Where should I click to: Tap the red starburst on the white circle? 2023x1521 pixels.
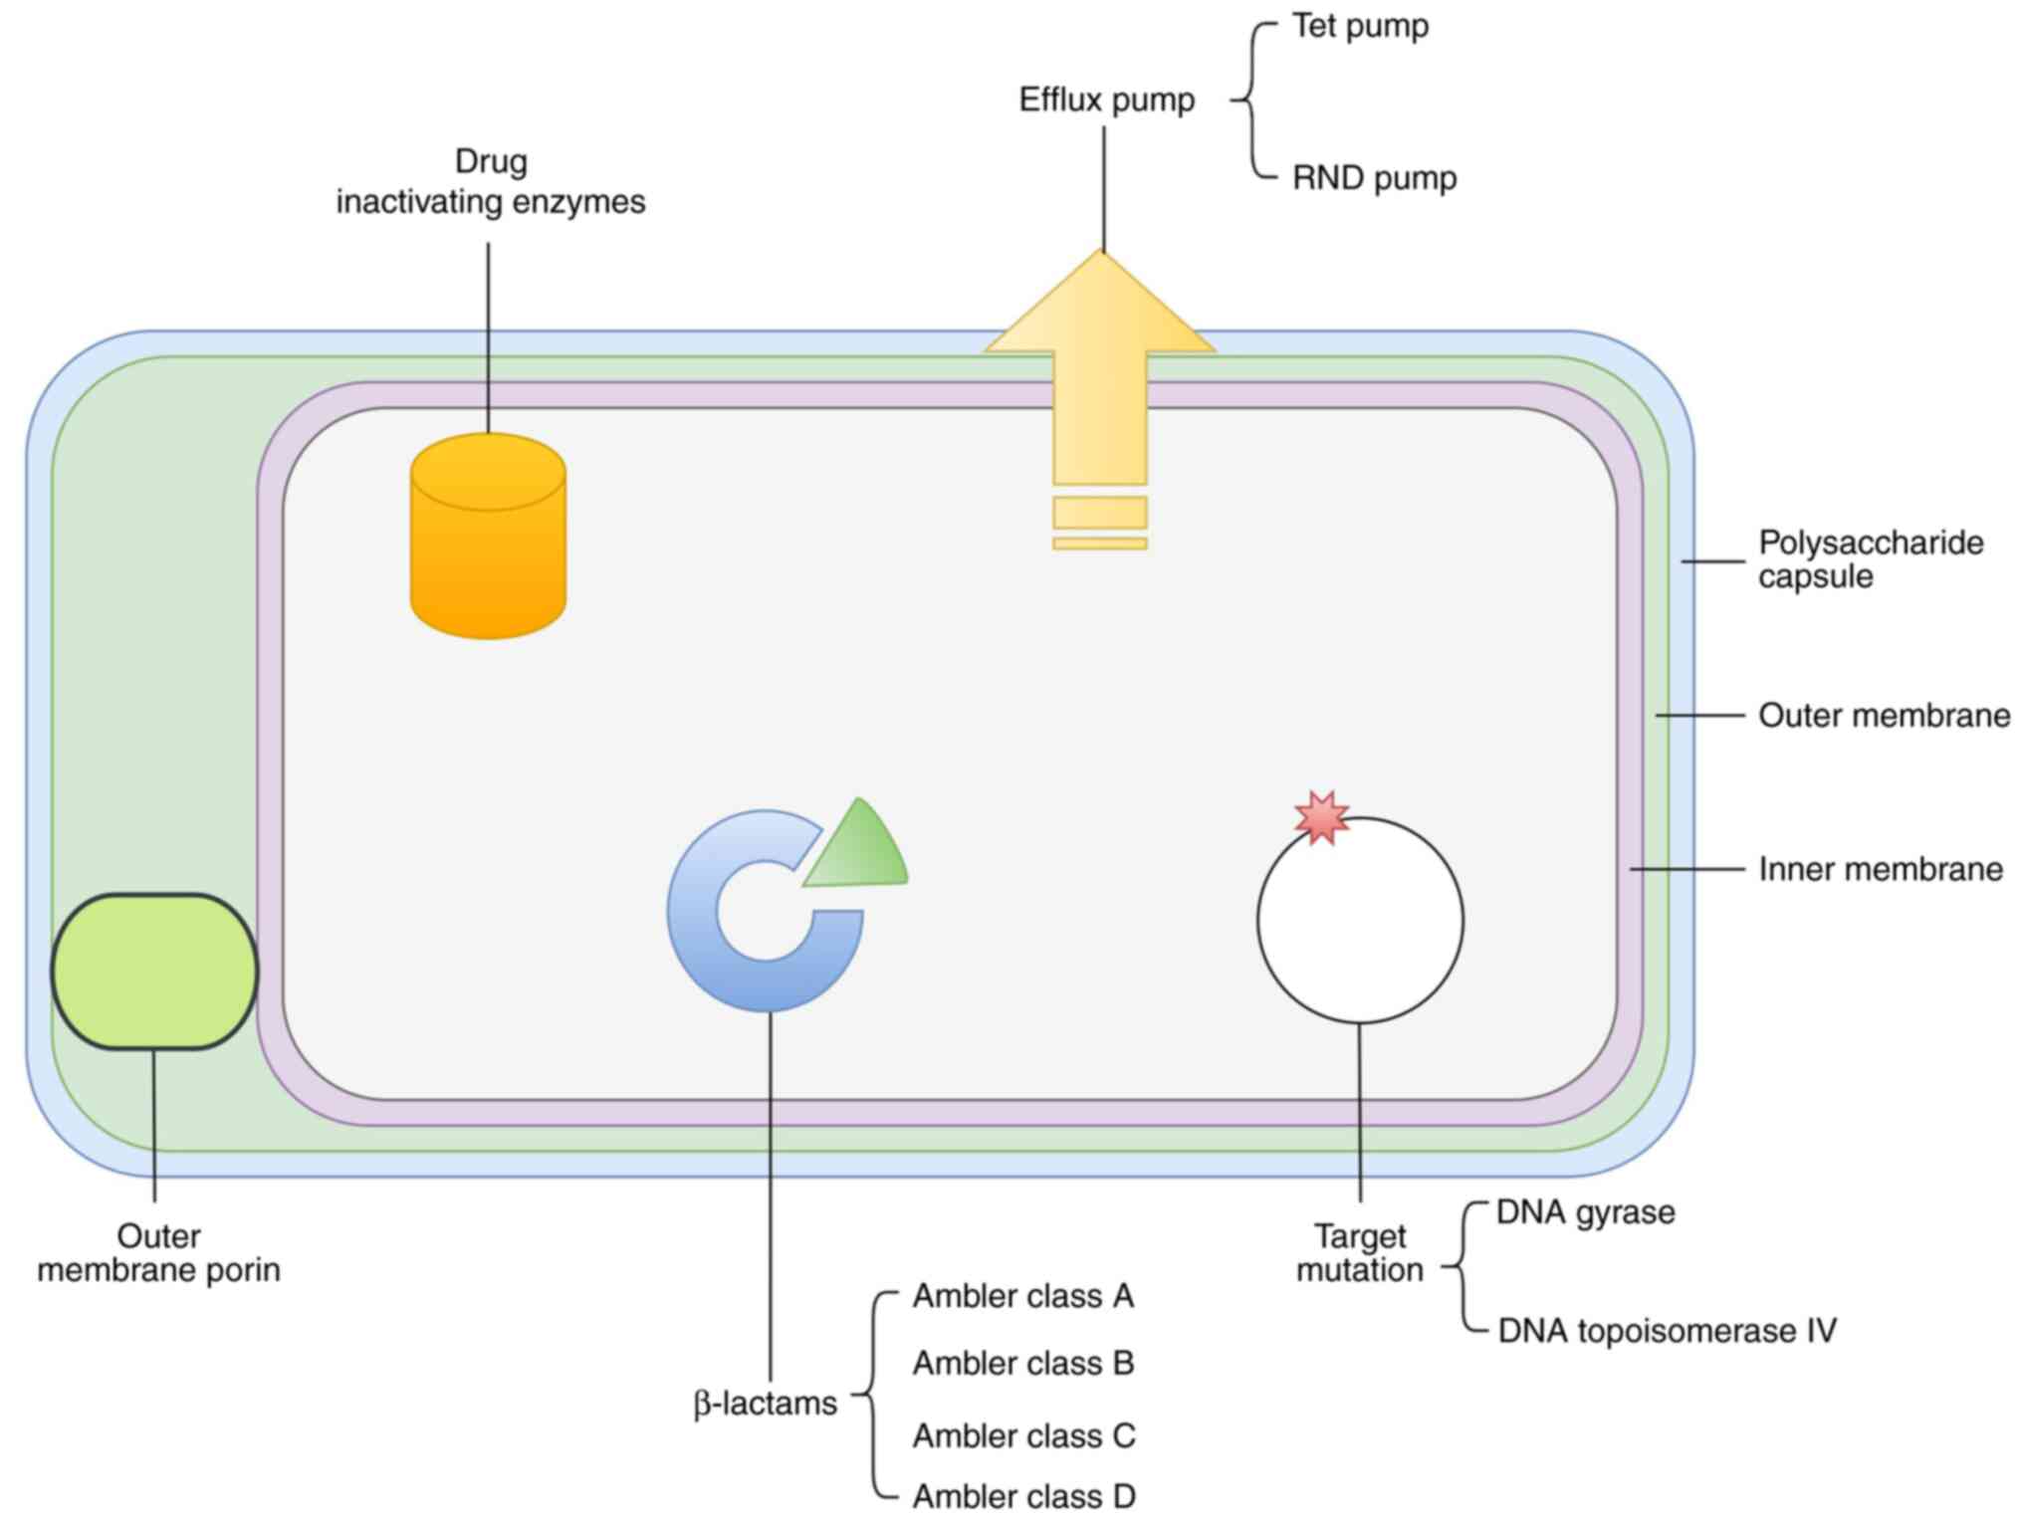(x=1321, y=817)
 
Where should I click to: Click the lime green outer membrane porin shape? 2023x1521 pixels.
(x=154, y=971)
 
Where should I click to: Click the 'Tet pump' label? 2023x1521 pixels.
(x=1360, y=26)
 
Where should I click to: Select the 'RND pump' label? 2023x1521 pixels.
(x=1374, y=178)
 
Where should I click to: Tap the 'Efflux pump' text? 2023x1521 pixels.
(x=1106, y=100)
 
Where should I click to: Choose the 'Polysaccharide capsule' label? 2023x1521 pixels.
(x=1870, y=559)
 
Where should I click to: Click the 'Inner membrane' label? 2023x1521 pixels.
(x=1880, y=869)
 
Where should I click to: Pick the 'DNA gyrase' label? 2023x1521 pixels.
(x=1586, y=1212)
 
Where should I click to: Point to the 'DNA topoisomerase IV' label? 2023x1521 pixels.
(x=1667, y=1331)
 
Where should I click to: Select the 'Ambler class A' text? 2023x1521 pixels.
(x=1023, y=1296)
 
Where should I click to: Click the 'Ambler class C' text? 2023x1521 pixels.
(x=1023, y=1435)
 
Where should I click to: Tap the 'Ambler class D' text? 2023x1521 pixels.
(x=1023, y=1496)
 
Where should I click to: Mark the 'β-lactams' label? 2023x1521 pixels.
(x=765, y=1404)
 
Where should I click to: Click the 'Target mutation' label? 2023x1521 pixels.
(x=1360, y=1253)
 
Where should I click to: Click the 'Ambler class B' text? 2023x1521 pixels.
(x=1023, y=1363)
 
